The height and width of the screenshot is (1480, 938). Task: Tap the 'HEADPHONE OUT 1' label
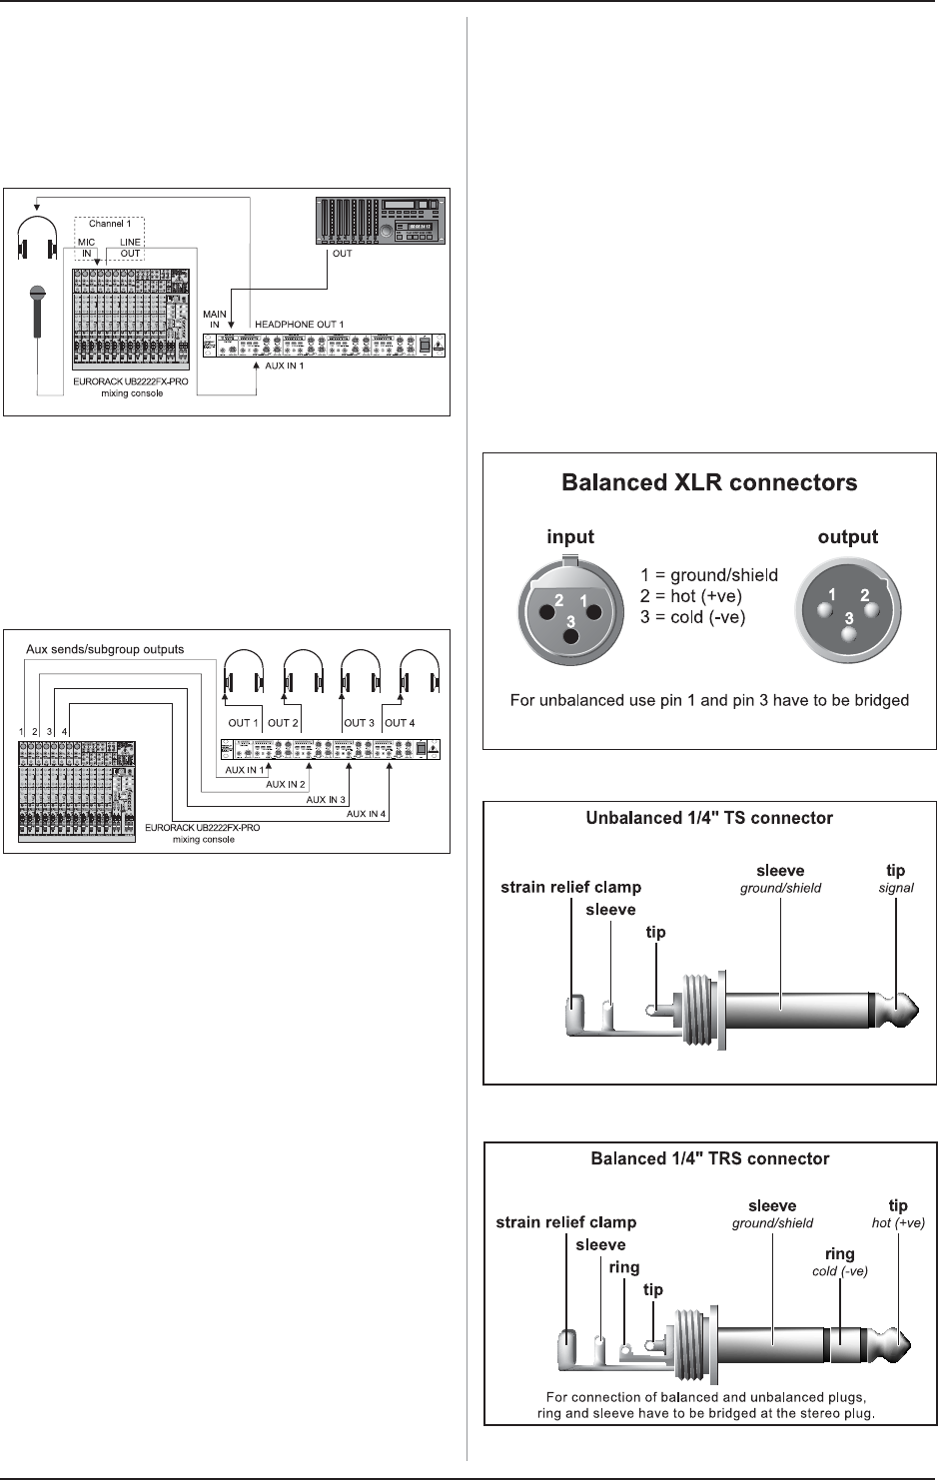click(300, 324)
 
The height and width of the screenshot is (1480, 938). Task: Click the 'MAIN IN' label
click(215, 320)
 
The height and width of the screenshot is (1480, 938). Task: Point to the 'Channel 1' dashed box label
click(110, 224)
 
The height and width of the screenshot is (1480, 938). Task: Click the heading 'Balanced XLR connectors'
click(709, 483)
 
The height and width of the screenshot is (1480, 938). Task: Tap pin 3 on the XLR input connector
click(570, 621)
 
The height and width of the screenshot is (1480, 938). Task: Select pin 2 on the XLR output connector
click(865, 595)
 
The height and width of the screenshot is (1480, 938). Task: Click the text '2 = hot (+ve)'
click(691, 596)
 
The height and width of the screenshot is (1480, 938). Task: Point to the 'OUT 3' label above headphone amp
click(359, 722)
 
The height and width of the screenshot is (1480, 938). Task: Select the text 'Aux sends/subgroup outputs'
click(105, 649)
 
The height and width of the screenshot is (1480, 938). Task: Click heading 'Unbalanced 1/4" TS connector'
click(709, 818)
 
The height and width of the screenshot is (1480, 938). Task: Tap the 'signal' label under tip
click(897, 888)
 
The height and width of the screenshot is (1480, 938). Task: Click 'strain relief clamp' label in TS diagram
click(570, 887)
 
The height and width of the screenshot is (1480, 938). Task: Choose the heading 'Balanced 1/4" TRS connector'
click(709, 1159)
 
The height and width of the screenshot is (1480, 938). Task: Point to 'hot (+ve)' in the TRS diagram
click(899, 1222)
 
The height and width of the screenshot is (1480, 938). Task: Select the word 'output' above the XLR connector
click(848, 537)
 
